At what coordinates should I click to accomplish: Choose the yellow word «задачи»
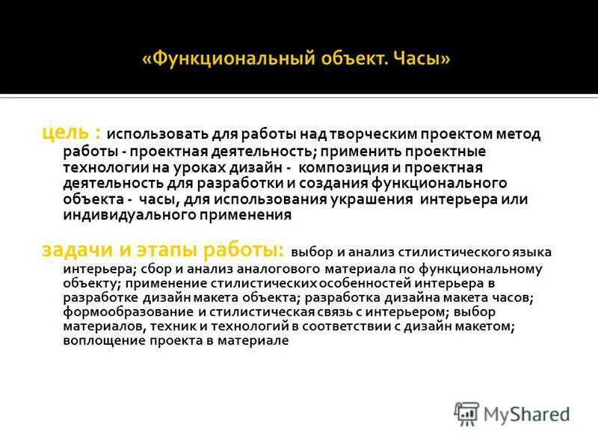tap(72, 250)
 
